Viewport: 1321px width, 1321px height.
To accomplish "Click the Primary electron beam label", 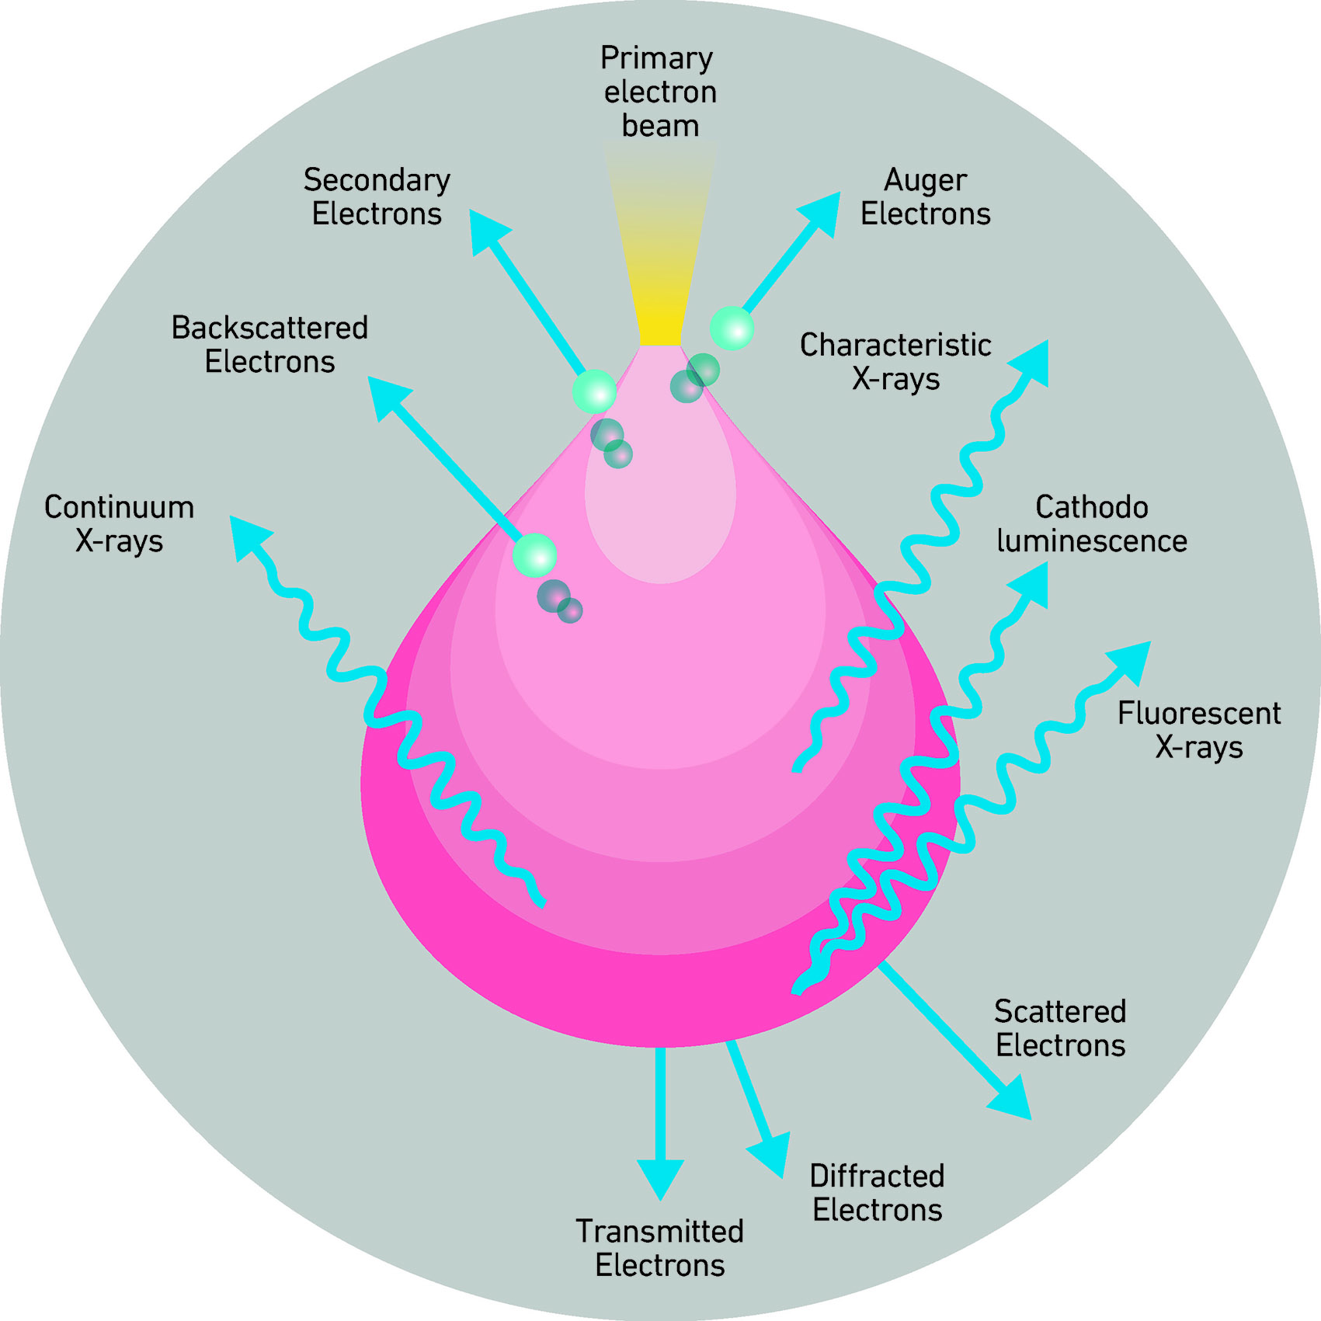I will tap(659, 92).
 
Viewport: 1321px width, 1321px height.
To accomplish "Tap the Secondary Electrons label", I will tap(377, 196).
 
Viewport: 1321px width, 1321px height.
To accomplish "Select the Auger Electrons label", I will tap(925, 196).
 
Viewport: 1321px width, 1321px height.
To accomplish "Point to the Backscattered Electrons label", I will tap(269, 344).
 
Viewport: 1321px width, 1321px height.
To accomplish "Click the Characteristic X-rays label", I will tap(895, 361).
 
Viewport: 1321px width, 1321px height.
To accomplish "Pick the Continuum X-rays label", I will tap(119, 523).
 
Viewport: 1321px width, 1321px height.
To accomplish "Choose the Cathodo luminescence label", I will tap(1091, 523).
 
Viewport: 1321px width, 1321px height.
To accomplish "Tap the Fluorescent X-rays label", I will tap(1199, 730).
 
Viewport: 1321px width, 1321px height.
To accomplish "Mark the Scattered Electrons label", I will tap(1060, 1028).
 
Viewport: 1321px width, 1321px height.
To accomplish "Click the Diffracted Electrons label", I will tap(877, 1193).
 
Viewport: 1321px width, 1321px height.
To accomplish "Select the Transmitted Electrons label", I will tap(659, 1248).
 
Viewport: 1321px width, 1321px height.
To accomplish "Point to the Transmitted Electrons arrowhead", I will tap(660, 1177).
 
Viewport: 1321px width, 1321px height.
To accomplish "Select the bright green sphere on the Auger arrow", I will tap(732, 328).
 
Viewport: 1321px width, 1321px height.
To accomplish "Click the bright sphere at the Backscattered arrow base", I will tap(534, 554).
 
